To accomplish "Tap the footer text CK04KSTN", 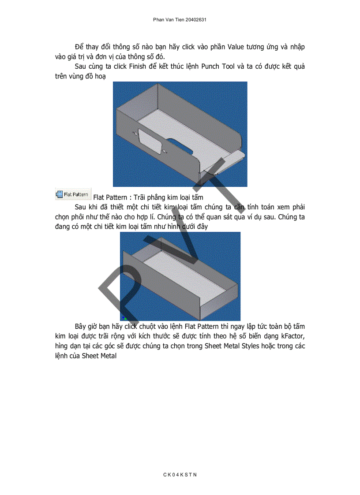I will (x=180, y=474).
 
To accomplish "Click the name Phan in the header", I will (x=159, y=20).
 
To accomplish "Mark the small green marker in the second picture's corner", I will (x=125, y=318).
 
